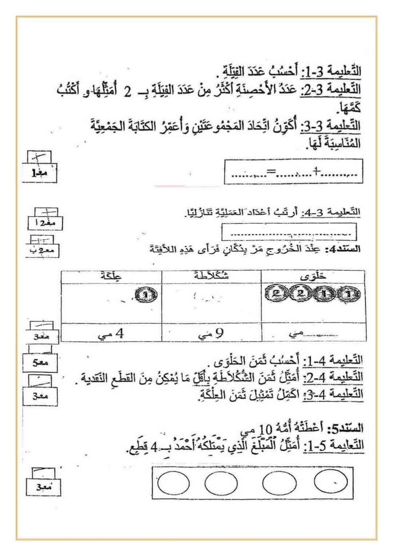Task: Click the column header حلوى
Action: [313, 277]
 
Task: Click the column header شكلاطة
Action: [211, 277]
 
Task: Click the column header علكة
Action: [111, 277]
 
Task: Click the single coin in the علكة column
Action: [145, 294]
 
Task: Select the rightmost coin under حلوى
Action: [349, 294]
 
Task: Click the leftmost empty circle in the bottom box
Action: [174, 483]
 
